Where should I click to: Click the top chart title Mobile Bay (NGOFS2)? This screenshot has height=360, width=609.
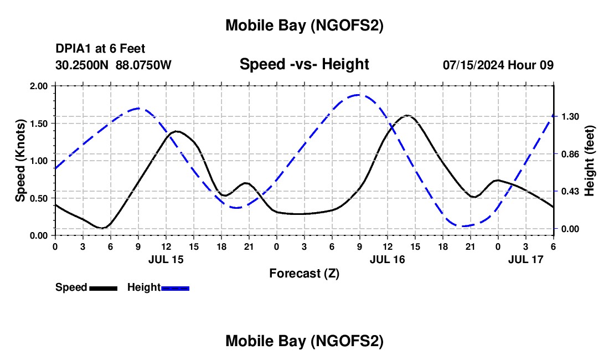[x=304, y=25]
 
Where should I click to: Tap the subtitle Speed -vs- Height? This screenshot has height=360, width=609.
[x=304, y=64]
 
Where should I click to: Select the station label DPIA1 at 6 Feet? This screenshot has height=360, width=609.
[x=100, y=49]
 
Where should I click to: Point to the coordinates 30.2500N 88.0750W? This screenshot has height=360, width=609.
[x=113, y=65]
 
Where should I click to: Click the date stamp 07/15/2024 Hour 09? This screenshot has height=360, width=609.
[x=498, y=65]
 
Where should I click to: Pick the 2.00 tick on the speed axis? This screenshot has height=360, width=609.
[x=39, y=86]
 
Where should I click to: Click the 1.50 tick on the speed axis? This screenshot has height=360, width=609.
[x=39, y=123]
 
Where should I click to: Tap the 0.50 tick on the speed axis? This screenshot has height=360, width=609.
[x=39, y=198]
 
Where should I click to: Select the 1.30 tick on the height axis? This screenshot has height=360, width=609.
[x=570, y=116]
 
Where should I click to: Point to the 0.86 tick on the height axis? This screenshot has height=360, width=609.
[x=570, y=153]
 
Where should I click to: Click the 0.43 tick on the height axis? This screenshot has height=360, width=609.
[x=570, y=191]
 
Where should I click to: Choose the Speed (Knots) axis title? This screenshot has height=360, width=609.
[x=20, y=161]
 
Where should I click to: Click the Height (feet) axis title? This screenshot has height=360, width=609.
[x=590, y=161]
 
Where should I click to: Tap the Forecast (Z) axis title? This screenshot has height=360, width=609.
[x=304, y=273]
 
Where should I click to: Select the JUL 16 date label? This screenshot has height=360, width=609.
[x=388, y=259]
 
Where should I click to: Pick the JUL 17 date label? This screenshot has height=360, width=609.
[x=526, y=259]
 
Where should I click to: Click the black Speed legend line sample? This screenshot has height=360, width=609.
[x=103, y=288]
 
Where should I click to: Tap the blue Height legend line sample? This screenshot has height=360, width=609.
[x=175, y=288]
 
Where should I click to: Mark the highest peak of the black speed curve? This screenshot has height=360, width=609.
[x=407, y=115]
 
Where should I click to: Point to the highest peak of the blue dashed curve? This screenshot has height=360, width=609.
[x=359, y=95]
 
